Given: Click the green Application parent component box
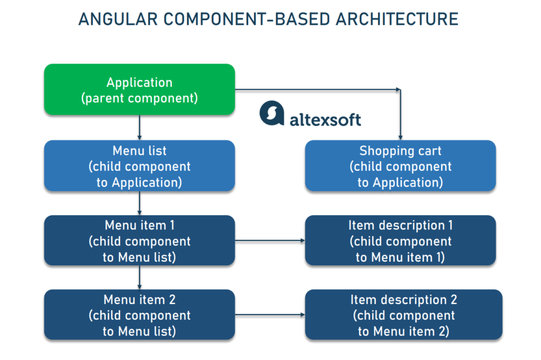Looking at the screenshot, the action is click(x=139, y=89).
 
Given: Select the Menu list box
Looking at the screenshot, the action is click(x=139, y=165).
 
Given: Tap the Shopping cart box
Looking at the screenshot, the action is click(x=400, y=165).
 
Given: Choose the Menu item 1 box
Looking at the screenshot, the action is click(x=139, y=241).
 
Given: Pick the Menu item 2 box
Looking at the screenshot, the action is click(x=139, y=315).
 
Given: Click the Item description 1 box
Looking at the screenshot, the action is click(x=400, y=241).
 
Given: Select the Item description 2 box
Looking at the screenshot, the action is click(x=403, y=315).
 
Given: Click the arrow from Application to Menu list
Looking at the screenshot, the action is click(x=139, y=127).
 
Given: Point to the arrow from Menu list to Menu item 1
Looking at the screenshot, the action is click(x=139, y=203).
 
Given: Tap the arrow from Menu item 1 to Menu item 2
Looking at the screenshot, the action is click(x=139, y=277).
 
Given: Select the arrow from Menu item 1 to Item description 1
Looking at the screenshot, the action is click(x=269, y=241).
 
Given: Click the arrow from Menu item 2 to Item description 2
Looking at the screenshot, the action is click(x=269, y=315).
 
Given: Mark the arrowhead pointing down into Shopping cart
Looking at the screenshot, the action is click(x=400, y=137).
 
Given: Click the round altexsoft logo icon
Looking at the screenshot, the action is click(x=272, y=114).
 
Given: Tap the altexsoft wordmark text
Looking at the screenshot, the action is click(x=325, y=119).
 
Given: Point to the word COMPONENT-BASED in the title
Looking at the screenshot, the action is click(x=239, y=19).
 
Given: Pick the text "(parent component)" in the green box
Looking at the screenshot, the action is click(x=139, y=98).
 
